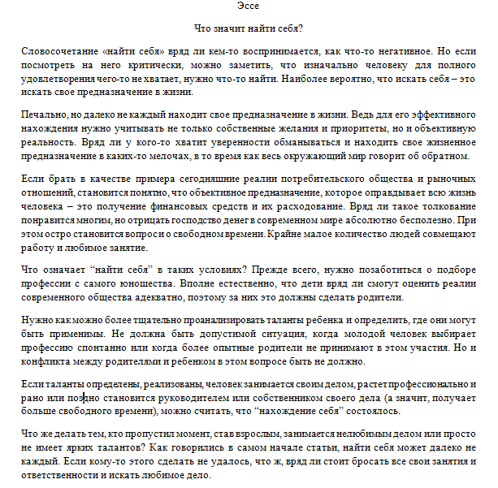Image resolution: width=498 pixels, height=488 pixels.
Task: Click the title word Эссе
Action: pos(249,7)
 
